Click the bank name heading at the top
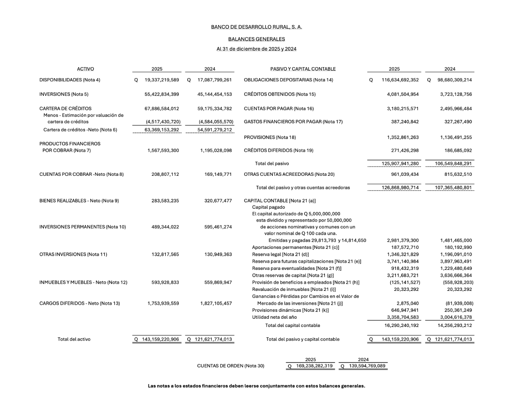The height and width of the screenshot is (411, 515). point(256,27)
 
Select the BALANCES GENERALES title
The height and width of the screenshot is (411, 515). point(256,39)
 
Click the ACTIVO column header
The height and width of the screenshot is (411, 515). point(85,69)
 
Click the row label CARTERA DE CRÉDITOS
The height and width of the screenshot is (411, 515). point(65,109)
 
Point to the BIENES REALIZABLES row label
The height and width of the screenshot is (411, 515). point(79,200)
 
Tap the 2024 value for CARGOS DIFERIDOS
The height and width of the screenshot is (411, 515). point(216,302)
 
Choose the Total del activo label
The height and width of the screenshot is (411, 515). point(74,339)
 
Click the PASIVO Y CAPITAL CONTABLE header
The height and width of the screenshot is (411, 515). point(303,69)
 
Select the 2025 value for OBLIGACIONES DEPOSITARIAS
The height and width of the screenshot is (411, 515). point(400,80)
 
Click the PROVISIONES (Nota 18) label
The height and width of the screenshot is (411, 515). point(270,137)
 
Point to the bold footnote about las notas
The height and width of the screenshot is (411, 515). point(256,386)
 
